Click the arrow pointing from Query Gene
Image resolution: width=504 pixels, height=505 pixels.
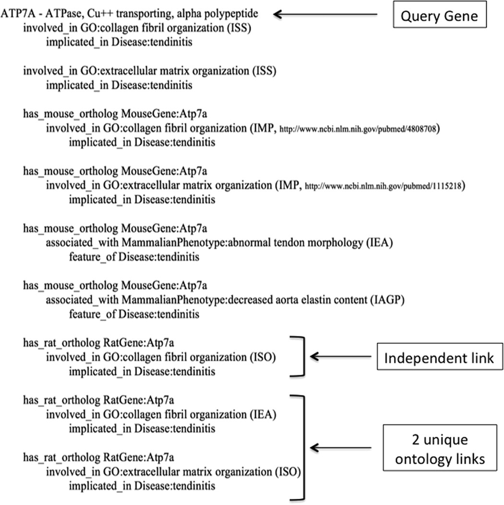click(326, 15)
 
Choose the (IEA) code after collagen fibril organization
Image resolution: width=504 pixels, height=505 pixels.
click(262, 414)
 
